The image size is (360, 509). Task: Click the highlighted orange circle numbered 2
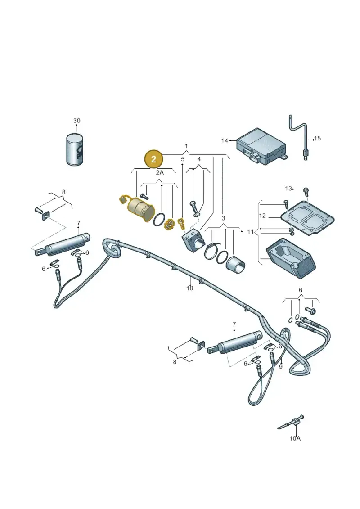[x=153, y=159]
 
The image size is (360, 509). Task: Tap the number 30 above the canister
[x=76, y=121]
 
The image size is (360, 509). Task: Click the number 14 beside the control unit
[x=225, y=140]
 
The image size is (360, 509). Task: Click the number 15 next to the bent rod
[x=318, y=138]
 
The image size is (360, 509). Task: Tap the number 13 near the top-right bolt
[x=288, y=189]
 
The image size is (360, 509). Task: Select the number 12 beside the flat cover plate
[x=262, y=216]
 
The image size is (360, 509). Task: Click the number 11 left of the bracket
[x=250, y=231]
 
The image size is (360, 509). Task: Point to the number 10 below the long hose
[x=190, y=288]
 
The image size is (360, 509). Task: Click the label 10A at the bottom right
[x=295, y=438]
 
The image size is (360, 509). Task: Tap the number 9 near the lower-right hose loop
[x=281, y=366]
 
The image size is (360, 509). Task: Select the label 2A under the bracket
[x=160, y=172]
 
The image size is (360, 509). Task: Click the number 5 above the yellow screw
[x=183, y=159]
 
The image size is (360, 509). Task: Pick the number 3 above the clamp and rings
[x=223, y=217]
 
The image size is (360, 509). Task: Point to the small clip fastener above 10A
[x=291, y=423]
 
